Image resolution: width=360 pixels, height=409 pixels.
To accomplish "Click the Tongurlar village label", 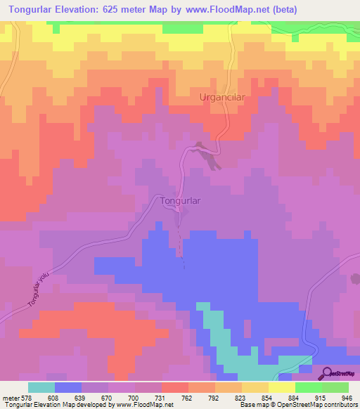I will [181, 200].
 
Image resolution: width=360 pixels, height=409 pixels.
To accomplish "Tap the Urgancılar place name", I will [221, 98].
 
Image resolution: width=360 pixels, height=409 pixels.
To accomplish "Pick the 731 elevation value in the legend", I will [161, 397].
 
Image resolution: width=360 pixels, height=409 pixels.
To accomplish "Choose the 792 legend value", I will [214, 397].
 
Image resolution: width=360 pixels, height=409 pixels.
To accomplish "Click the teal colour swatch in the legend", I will [41, 387].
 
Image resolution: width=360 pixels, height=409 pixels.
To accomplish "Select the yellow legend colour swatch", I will [281, 387].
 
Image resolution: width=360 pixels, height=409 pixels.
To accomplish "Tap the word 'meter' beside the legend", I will [10, 397].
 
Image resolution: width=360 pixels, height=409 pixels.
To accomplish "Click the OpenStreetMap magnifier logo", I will [326, 372].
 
